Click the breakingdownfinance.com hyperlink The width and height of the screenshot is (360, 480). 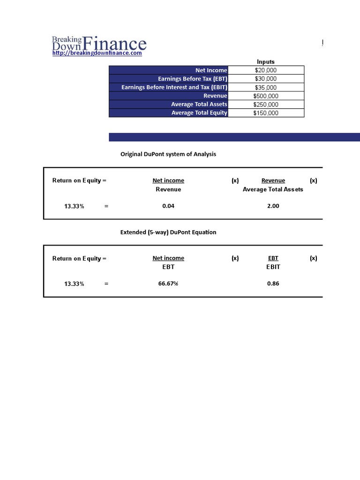(x=97, y=53)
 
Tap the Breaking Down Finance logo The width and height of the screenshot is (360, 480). (x=99, y=44)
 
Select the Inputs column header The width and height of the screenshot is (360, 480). (x=266, y=62)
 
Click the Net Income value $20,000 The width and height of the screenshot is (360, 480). (x=266, y=70)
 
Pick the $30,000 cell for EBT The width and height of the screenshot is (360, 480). (x=266, y=79)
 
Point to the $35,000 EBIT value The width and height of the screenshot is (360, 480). (x=266, y=88)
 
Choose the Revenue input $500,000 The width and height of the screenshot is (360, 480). (x=266, y=96)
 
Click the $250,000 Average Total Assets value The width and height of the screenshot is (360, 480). (x=266, y=105)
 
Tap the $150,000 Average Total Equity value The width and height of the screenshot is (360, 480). (x=266, y=113)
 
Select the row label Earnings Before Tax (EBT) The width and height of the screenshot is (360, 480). (x=192, y=79)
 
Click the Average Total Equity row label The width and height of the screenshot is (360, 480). (x=199, y=113)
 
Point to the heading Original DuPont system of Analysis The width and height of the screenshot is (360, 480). (x=168, y=154)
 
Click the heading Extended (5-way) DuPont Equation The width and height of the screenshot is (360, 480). (x=168, y=232)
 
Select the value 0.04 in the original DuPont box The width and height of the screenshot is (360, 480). (x=168, y=206)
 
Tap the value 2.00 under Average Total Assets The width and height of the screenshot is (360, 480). (x=273, y=206)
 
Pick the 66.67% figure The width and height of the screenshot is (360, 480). (x=168, y=284)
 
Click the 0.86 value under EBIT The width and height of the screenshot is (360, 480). (x=273, y=284)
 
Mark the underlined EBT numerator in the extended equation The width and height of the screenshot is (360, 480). (x=273, y=258)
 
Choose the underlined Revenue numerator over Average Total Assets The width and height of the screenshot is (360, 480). (x=273, y=180)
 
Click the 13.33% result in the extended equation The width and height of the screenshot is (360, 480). (x=74, y=284)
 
